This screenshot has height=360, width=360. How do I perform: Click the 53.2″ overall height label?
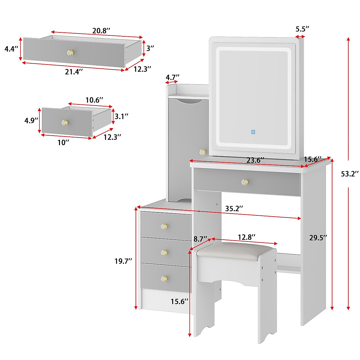[350, 174]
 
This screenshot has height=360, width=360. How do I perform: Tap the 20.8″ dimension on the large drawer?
[101, 30]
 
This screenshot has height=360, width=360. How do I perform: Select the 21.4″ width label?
[74, 72]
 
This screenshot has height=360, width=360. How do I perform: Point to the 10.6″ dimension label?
[94, 100]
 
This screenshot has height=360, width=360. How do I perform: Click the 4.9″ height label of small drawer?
[31, 120]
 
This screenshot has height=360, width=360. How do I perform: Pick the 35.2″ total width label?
[234, 208]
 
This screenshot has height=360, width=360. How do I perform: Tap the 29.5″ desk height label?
[318, 238]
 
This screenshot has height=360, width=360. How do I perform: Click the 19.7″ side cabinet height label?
[123, 261]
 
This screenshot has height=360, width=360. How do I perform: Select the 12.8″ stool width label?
[247, 237]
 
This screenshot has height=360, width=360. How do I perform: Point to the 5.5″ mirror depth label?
[302, 29]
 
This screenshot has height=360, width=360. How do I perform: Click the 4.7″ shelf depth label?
[172, 77]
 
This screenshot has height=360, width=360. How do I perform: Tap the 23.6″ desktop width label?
[255, 160]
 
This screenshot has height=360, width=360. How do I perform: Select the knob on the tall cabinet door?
[203, 152]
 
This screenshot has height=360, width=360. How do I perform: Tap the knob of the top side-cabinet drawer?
[164, 226]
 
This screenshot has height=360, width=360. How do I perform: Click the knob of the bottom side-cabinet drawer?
[164, 279]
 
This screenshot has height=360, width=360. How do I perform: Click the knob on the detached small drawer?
[64, 123]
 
